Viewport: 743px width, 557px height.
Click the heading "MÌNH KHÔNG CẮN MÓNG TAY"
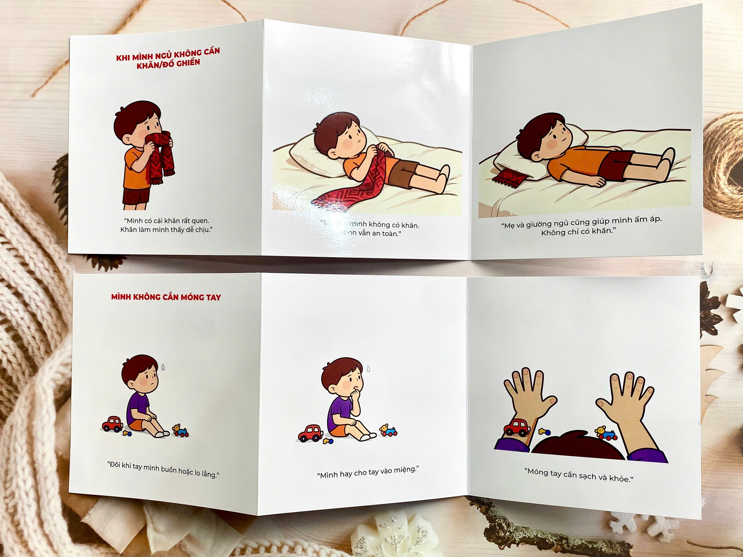pos(166,297)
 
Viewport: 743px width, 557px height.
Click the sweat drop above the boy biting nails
pos(369,369)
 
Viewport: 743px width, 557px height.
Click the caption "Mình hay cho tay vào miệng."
pos(368,472)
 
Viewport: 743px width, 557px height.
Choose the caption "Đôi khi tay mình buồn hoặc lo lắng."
pos(163,469)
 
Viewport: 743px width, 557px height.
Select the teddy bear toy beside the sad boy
pos(180,430)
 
